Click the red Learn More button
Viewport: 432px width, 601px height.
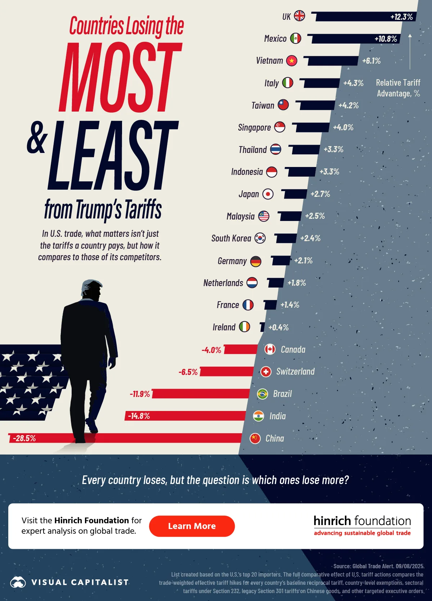192,526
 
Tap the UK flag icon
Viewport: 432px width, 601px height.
299,16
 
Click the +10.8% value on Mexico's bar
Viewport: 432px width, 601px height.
386,39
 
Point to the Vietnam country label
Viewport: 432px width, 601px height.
269,60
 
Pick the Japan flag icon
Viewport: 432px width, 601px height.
268,194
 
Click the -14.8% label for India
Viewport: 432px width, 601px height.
139,416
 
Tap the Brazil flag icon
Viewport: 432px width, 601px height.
262,394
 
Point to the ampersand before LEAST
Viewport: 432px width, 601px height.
37,138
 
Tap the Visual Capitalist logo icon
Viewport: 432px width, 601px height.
18,582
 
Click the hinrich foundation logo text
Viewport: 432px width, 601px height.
362,521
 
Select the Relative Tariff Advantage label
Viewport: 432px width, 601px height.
398,88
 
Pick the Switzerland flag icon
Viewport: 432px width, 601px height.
266,372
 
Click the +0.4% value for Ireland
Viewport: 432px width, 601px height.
278,327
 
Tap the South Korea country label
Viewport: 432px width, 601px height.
231,238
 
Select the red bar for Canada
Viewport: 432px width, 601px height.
240,349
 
